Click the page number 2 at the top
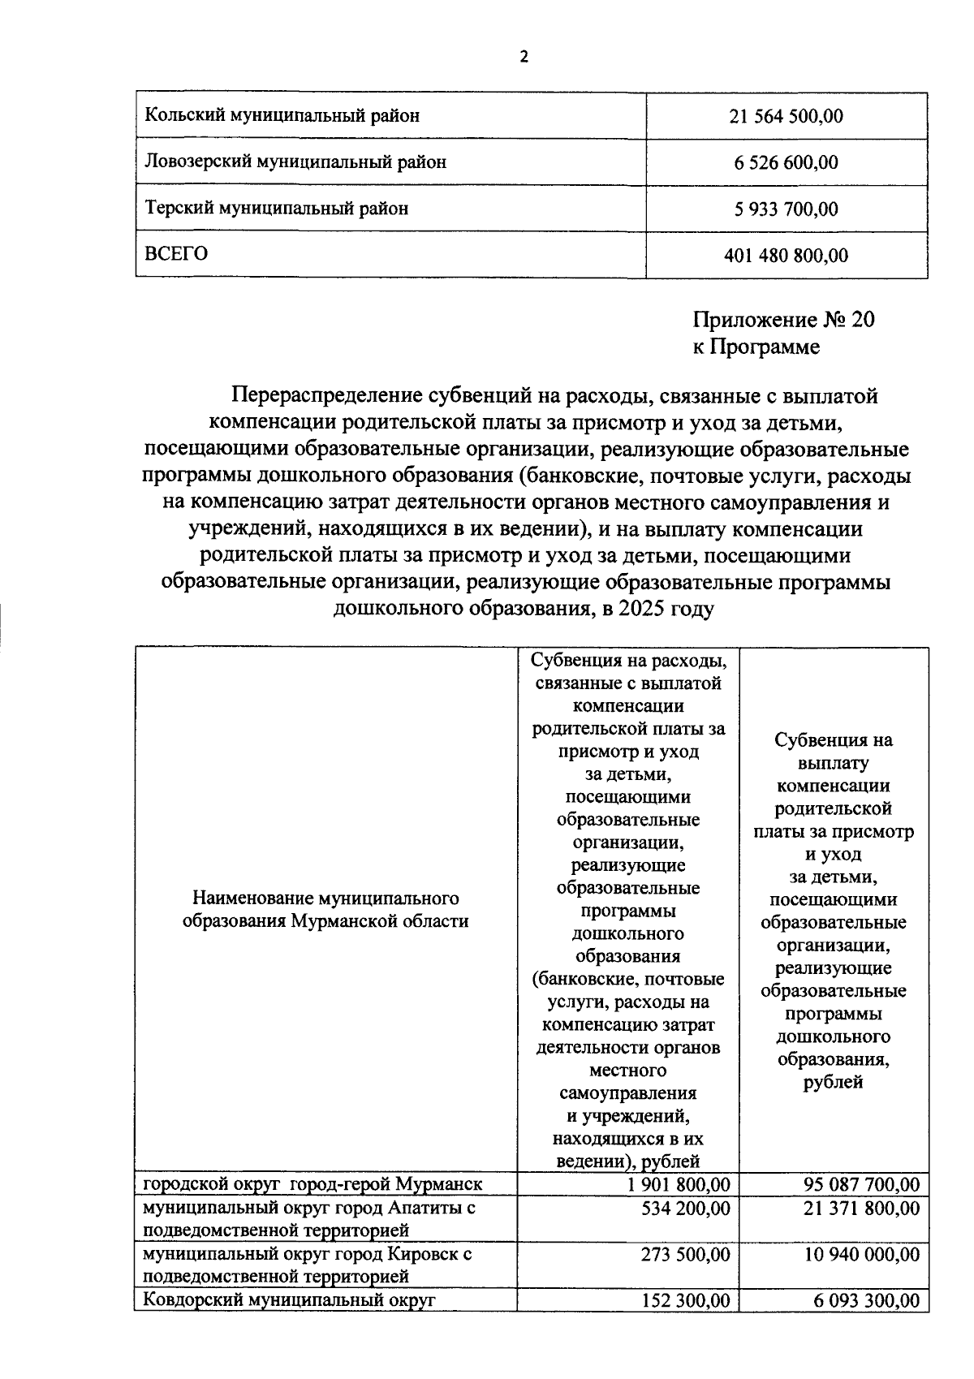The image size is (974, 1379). (x=524, y=57)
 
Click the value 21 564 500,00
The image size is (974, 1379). (x=786, y=116)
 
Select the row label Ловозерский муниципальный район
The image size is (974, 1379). (x=295, y=162)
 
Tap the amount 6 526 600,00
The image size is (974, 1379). (x=786, y=163)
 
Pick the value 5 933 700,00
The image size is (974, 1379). (x=786, y=209)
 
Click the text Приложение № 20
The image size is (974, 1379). (x=783, y=320)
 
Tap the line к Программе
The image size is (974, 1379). (x=756, y=347)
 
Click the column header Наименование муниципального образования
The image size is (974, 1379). (x=325, y=910)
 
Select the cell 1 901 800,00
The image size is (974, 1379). (x=678, y=1184)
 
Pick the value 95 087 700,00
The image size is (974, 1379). (x=861, y=1184)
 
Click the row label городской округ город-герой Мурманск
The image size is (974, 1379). (x=312, y=1184)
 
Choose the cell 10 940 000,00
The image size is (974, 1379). (x=861, y=1255)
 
